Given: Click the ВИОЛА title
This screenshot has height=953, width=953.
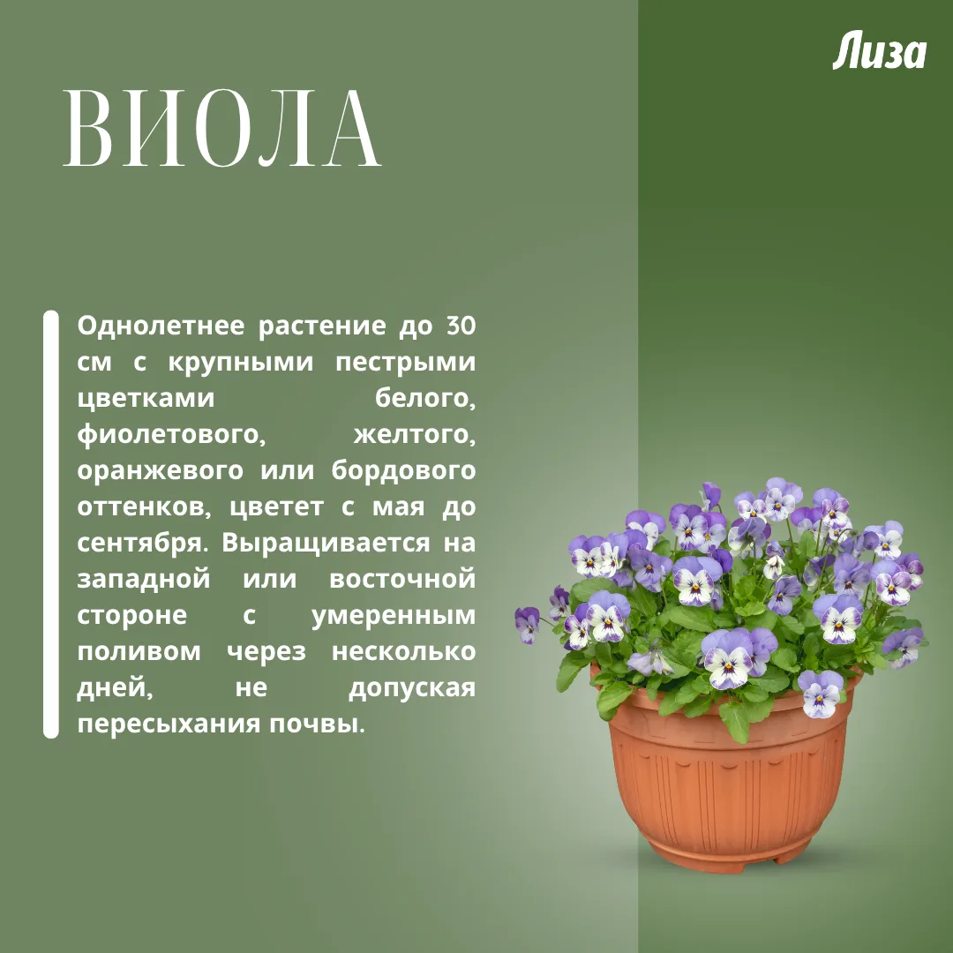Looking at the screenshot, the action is (221, 128).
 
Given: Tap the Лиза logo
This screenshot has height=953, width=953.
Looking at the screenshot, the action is (879, 52).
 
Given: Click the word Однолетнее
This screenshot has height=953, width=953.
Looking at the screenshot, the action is (161, 326).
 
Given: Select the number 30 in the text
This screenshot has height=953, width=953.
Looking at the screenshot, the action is (461, 326).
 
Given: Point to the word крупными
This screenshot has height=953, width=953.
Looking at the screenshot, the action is (241, 364).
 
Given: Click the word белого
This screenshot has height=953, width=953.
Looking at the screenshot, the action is (424, 399).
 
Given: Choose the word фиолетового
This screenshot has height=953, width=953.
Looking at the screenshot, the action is (171, 435).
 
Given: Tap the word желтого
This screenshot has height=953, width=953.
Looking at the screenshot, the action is (415, 435).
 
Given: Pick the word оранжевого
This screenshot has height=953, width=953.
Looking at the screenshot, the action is (161, 471).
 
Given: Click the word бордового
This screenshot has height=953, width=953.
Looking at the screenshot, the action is (403, 470).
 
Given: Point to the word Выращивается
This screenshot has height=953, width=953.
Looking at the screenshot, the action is (326, 544).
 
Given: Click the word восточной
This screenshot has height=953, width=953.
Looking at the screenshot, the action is (402, 579).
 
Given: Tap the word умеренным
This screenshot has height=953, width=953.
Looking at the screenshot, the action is (394, 616).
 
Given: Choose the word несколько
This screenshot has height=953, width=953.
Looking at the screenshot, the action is (403, 651).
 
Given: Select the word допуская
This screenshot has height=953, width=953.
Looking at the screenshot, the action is (412, 689).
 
